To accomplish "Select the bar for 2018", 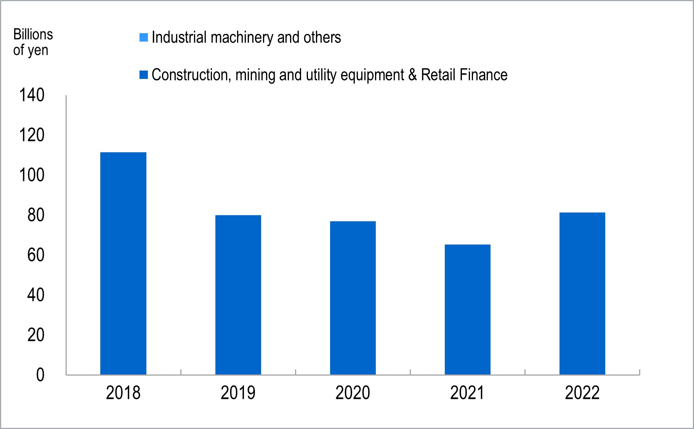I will (123, 263).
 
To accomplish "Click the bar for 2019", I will (238, 295).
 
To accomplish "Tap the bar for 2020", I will (353, 298).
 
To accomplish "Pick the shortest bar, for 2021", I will (468, 309).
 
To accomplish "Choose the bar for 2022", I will (582, 293).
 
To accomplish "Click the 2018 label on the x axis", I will (123, 393).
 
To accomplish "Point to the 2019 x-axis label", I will (238, 393).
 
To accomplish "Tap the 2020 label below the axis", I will (353, 393).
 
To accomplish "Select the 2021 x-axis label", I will (468, 393).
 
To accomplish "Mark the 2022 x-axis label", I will (582, 393).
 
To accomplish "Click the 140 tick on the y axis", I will (32, 95).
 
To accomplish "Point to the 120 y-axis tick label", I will (32, 135).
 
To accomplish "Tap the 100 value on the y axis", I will (32, 175).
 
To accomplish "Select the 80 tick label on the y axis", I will (36, 215).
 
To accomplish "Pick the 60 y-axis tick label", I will (36, 255).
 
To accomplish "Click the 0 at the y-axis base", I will (40, 375).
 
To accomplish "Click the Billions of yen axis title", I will (33, 42).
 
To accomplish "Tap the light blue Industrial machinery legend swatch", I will (144, 37).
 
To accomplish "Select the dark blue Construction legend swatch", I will (144, 75).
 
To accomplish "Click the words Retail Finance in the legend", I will (464, 75).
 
